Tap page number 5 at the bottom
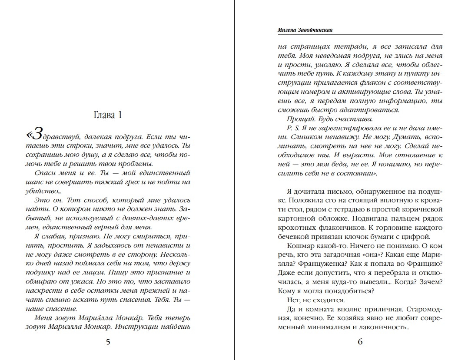(x=108, y=341)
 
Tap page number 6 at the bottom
(x=360, y=341)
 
